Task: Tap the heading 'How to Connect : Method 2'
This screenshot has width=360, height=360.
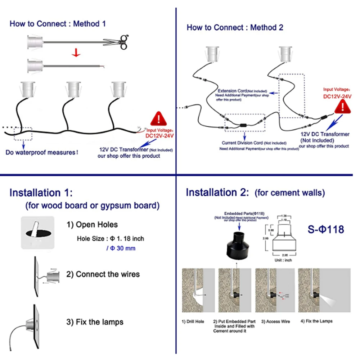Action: coord(235,27)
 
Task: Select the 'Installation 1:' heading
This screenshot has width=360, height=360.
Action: coord(41,193)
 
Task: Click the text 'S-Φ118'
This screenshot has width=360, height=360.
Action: coord(326,229)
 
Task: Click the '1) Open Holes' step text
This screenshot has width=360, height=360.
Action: coord(92,225)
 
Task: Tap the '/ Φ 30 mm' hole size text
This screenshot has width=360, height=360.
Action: coord(121,248)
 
